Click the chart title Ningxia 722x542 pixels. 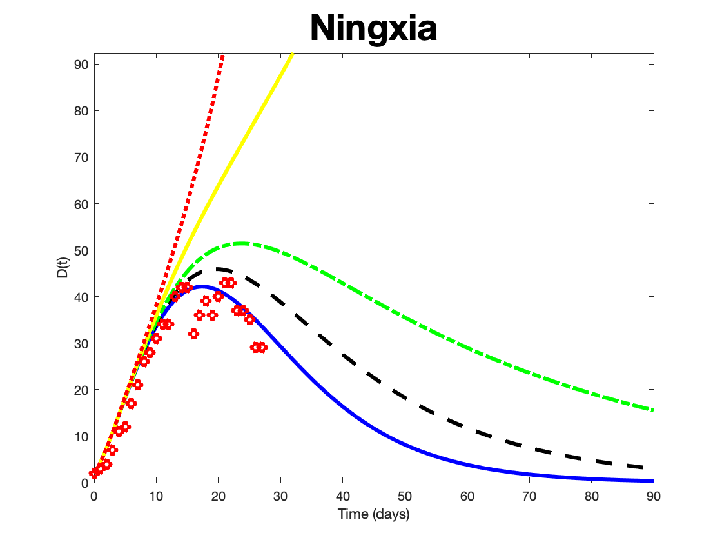click(373, 29)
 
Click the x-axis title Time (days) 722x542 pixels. click(373, 514)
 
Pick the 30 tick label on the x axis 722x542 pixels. click(280, 496)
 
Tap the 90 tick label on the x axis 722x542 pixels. click(654, 496)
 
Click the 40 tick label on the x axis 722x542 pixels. click(343, 496)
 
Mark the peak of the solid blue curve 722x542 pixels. click(201, 286)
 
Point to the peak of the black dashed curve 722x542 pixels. click(220, 269)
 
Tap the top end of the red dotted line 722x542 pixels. click(223, 57)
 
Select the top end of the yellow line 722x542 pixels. click(292, 54)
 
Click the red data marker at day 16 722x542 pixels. click(193, 334)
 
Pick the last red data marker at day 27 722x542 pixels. click(262, 347)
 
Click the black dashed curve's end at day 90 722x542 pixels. click(652, 468)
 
